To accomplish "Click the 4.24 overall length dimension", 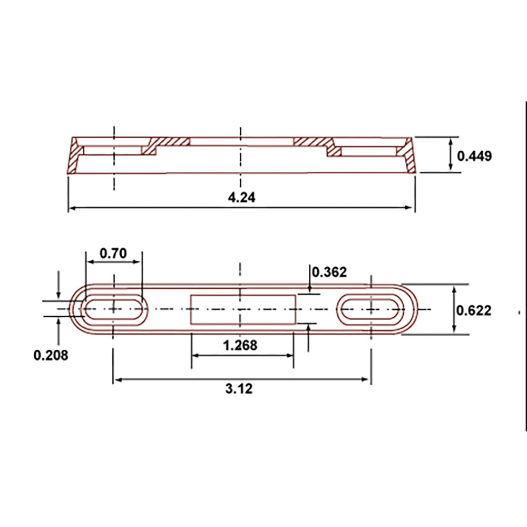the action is point(241,197).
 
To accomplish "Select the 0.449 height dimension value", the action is point(474,156).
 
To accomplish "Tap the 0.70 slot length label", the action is point(113,253).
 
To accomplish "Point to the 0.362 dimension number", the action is point(329,272).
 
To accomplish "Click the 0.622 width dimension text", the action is point(474,310).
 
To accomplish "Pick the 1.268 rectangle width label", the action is point(240,345).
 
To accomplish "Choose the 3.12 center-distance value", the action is point(239,388).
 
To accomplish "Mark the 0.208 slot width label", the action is point(51,355).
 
